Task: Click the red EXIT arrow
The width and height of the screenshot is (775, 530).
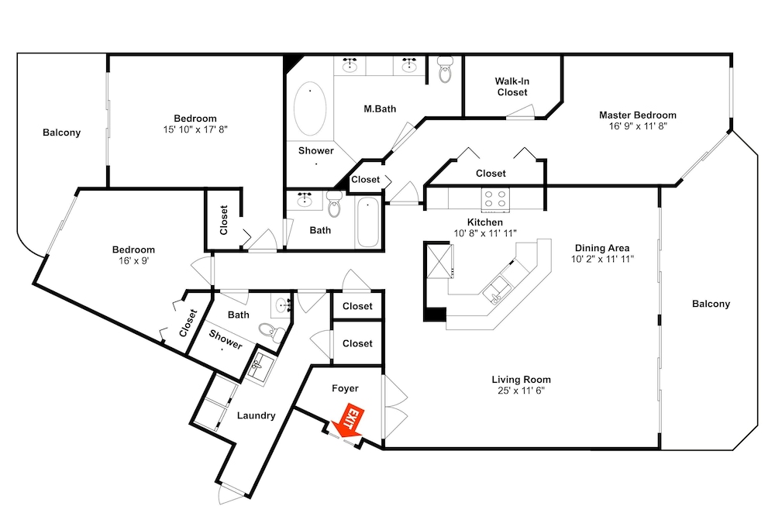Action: tap(348, 422)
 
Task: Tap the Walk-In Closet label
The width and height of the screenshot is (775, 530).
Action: tap(512, 87)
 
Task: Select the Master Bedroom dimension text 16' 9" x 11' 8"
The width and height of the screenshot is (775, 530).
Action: tap(638, 126)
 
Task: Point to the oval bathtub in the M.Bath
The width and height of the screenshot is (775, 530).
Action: tap(310, 108)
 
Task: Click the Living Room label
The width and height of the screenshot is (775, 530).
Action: tap(521, 380)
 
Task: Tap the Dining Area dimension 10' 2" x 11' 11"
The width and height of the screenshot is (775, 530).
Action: tap(602, 259)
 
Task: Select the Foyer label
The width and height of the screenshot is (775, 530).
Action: tap(345, 388)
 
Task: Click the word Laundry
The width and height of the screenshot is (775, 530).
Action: tap(256, 415)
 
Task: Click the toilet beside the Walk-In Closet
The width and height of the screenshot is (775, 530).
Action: tap(446, 69)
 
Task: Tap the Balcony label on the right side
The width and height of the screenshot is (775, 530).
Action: tap(711, 304)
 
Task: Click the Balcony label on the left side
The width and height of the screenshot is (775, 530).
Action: tap(61, 132)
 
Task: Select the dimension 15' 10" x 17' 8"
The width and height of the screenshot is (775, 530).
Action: tap(195, 129)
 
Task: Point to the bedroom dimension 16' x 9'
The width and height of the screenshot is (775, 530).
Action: tap(133, 260)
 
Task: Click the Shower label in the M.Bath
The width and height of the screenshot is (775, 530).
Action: tap(316, 150)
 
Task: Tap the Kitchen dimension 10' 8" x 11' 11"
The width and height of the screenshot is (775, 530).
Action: tap(485, 233)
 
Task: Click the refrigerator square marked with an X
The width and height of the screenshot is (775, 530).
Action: tap(439, 260)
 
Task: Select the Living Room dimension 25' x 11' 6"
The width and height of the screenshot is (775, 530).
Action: tap(521, 391)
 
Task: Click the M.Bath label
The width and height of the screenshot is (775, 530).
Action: tap(380, 108)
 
